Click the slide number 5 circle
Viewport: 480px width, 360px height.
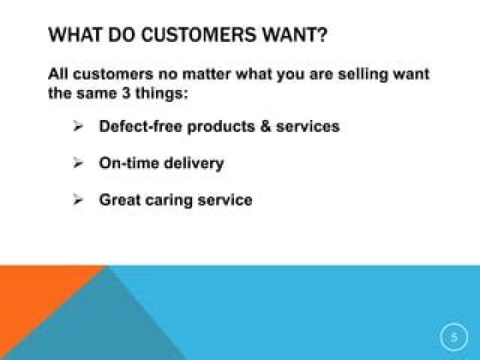454,337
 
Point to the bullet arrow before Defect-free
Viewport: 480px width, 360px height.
77,126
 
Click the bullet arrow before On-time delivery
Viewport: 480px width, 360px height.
77,163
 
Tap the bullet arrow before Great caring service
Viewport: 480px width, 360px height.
77,199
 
